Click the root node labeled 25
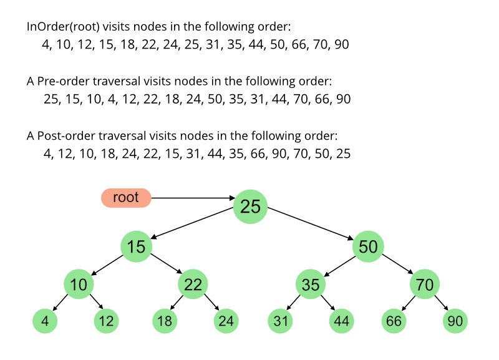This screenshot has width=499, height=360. pyautogui.click(x=250, y=207)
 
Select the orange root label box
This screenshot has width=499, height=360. pyautogui.click(x=126, y=198)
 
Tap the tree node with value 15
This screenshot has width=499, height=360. pyautogui.click(x=137, y=246)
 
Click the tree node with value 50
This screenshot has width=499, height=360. pyautogui.click(x=368, y=246)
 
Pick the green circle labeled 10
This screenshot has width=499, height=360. pyautogui.click(x=79, y=285)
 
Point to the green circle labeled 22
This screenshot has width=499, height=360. pyautogui.click(x=193, y=285)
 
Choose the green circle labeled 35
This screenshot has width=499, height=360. pyautogui.click(x=311, y=285)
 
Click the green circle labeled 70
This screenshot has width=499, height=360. pyautogui.click(x=425, y=285)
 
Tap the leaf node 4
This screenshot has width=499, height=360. pyautogui.click(x=45, y=321)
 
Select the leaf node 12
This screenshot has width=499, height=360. pyautogui.click(x=106, y=321)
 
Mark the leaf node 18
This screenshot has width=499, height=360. pyautogui.click(x=165, y=321)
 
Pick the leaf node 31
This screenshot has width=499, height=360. pyautogui.click(x=281, y=321)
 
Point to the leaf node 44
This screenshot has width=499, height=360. pyautogui.click(x=342, y=321)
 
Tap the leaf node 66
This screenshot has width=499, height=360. pyautogui.click(x=394, y=321)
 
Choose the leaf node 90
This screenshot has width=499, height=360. pyautogui.click(x=455, y=321)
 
